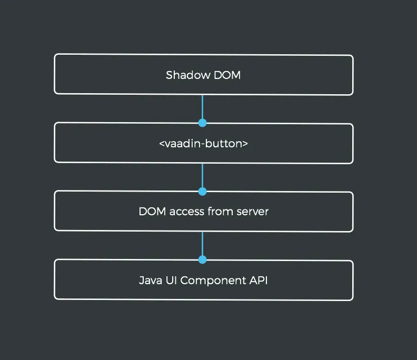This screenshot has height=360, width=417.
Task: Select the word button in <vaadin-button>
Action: click(227, 143)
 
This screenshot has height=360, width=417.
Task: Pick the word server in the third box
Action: click(252, 212)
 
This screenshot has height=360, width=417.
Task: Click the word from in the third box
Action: click(220, 212)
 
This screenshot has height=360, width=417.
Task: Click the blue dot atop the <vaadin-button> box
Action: click(202, 123)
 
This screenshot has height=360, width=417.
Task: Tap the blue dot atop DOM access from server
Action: click(202, 191)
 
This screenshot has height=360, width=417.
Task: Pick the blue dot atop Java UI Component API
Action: click(202, 259)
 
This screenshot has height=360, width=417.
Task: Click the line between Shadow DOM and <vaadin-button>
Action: click(202, 107)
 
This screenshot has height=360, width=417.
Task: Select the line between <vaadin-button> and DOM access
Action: click(202, 176)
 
